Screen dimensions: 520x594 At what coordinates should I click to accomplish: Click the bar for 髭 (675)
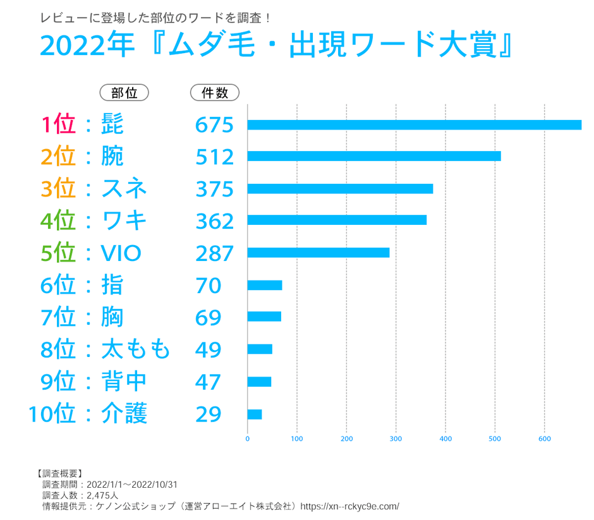(414, 124)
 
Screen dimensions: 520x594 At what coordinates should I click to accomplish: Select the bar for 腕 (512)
(374, 156)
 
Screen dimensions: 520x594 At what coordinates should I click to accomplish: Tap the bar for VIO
(318, 253)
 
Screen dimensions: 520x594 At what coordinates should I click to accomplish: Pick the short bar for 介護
(255, 414)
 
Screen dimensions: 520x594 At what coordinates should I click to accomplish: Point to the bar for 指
(265, 285)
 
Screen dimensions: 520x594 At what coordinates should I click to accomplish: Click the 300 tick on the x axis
(396, 438)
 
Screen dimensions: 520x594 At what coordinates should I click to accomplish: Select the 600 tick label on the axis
(545, 438)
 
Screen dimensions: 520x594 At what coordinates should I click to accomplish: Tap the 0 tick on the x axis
(248, 438)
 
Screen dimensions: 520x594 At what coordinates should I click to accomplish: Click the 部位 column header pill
(124, 93)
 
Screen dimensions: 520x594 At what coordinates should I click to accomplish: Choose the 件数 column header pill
(214, 93)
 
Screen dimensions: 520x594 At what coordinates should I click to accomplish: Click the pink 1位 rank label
(58, 124)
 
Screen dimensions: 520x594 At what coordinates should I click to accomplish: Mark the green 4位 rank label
(58, 221)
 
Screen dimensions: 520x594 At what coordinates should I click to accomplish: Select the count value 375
(214, 189)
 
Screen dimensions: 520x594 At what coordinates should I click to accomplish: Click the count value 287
(214, 253)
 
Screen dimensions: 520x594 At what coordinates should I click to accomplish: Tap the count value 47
(208, 382)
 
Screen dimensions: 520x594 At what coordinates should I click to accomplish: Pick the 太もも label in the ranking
(136, 349)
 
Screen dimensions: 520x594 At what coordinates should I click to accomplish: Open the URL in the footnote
(349, 506)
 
